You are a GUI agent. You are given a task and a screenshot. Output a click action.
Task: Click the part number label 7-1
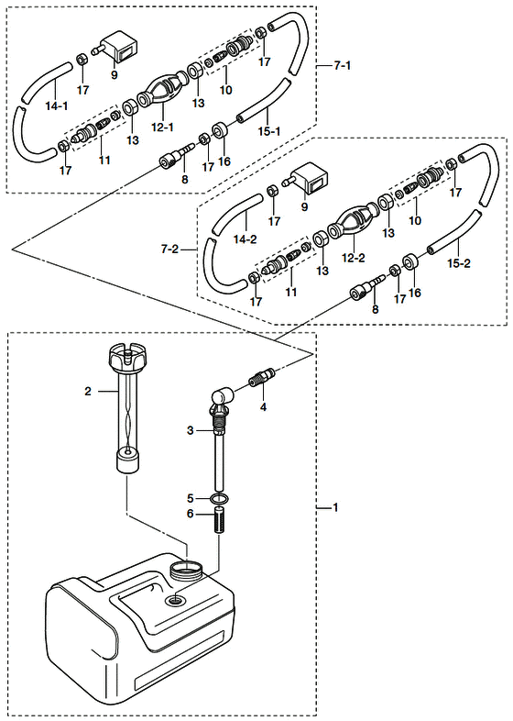tap(343, 66)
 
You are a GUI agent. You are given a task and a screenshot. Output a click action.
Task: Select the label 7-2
tap(169, 250)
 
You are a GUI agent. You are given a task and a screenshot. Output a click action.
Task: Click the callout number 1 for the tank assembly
tap(335, 507)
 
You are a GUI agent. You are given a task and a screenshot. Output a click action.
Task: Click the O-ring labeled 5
tap(219, 498)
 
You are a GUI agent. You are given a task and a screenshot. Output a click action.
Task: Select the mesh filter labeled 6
tap(219, 518)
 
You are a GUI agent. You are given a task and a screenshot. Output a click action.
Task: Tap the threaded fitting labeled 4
tap(262, 377)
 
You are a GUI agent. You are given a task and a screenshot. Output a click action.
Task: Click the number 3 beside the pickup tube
tap(191, 431)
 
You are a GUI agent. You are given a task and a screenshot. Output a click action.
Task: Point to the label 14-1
tap(57, 106)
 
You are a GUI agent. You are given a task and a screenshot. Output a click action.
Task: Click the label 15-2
tap(459, 263)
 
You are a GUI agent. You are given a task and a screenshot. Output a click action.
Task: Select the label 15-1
tap(269, 131)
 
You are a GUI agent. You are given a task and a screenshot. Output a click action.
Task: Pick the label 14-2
tap(246, 239)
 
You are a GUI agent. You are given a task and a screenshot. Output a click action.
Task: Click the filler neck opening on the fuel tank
tap(187, 570)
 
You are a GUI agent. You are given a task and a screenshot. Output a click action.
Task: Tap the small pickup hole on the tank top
tap(177, 600)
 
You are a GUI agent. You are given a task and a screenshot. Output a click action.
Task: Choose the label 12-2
tap(354, 258)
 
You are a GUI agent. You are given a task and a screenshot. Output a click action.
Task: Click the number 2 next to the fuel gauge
tap(88, 392)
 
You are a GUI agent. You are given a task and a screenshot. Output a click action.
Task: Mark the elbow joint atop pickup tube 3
tap(223, 397)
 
